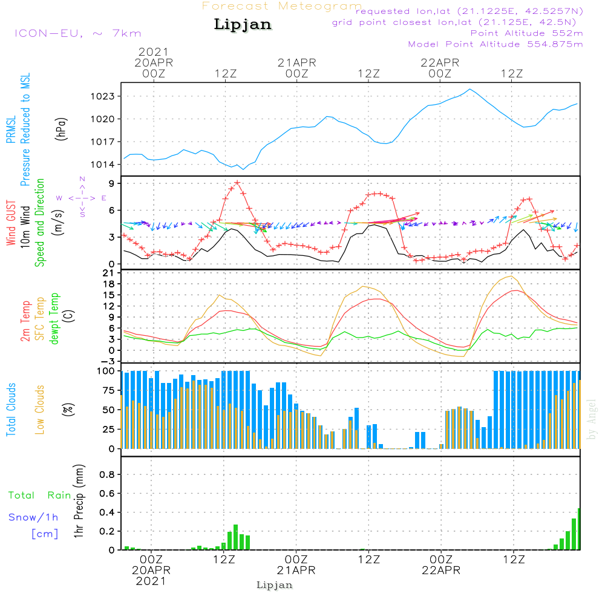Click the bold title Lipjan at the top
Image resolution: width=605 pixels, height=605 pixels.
click(x=243, y=25)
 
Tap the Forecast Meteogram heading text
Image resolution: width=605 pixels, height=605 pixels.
click(x=282, y=6)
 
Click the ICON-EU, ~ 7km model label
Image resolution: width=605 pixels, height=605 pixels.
click(x=77, y=33)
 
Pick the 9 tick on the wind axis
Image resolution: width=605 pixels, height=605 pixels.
click(x=113, y=183)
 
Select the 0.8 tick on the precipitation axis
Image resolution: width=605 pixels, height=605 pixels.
click(x=107, y=475)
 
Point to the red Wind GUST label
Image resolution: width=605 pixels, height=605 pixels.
click(x=11, y=224)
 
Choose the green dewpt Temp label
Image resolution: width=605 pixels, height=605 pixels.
click(x=55, y=319)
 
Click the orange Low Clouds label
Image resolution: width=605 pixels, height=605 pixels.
click(x=41, y=409)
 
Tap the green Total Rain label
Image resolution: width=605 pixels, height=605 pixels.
click(x=40, y=495)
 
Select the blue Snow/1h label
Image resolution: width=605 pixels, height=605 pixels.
click(x=34, y=517)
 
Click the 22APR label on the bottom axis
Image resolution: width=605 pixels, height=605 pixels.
click(x=440, y=570)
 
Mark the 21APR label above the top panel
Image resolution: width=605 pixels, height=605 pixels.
click(x=297, y=62)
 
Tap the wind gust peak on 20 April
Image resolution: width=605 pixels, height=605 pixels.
click(x=237, y=182)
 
